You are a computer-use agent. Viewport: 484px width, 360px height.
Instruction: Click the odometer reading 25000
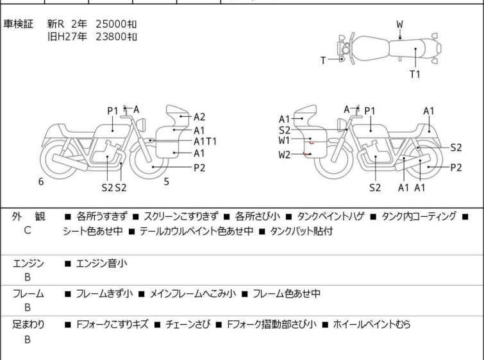[111, 24]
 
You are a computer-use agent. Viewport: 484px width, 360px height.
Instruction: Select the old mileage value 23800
[111, 37]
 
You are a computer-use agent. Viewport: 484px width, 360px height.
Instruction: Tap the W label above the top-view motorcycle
[400, 24]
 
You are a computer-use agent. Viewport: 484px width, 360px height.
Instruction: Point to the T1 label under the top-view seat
[415, 74]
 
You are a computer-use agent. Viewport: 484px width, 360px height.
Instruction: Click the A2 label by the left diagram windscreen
[199, 117]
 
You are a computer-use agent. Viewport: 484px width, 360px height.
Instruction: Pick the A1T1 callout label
[205, 141]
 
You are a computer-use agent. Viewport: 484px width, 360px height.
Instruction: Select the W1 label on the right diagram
[284, 141]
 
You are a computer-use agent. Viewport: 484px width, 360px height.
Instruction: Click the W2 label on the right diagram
[284, 155]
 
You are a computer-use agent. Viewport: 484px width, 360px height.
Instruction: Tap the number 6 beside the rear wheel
[41, 182]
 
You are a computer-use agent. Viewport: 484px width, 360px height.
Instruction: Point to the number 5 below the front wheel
[167, 182]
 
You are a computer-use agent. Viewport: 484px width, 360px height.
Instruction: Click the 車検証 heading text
[18, 24]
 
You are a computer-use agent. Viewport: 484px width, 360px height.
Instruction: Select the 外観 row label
[28, 216]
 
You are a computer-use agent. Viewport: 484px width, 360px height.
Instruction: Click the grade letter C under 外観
[28, 230]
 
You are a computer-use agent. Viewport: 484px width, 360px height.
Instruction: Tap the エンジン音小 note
[101, 263]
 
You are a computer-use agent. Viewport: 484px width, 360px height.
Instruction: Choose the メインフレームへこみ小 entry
[192, 293]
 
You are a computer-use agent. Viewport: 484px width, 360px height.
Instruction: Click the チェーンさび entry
[188, 324]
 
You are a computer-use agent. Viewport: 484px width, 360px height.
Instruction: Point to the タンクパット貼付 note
[301, 231]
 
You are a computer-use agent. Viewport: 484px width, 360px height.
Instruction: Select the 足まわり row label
[28, 324]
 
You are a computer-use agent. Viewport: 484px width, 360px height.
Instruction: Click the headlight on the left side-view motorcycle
[142, 125]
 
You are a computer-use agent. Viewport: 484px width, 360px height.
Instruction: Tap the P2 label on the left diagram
[199, 167]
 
